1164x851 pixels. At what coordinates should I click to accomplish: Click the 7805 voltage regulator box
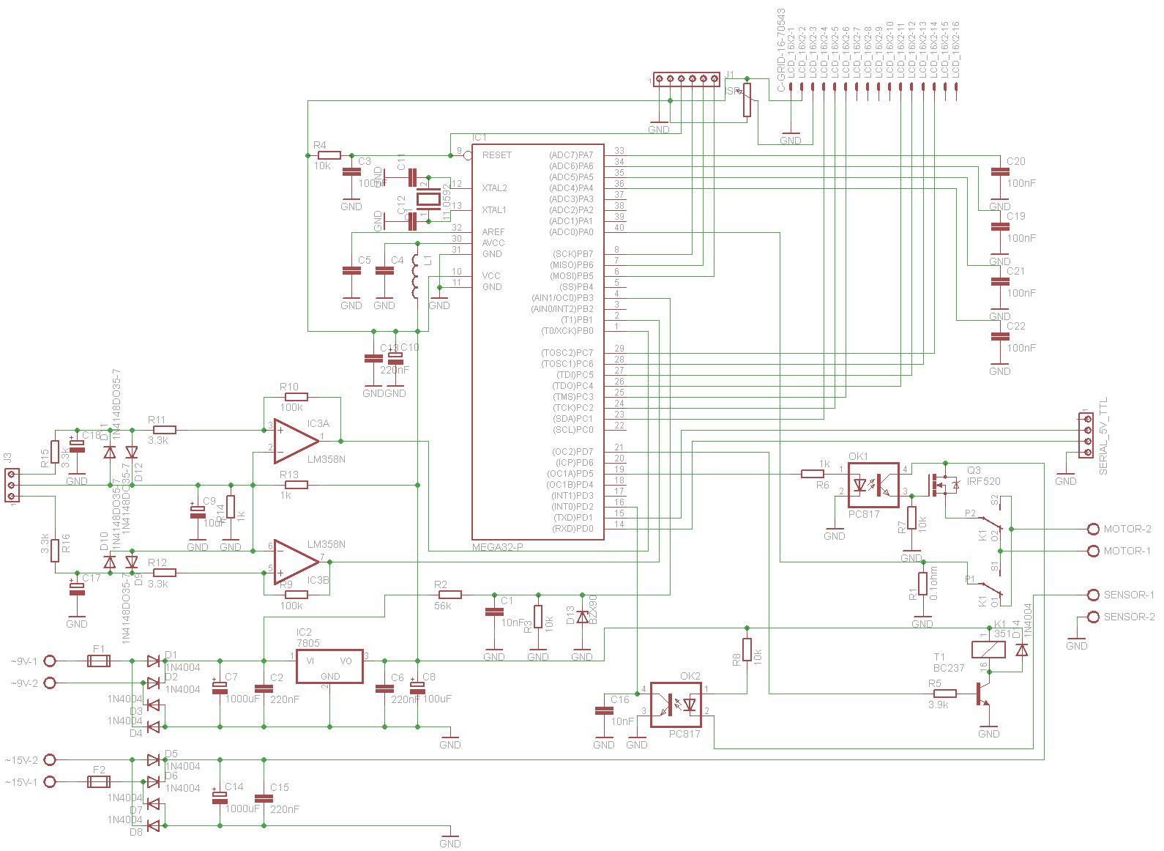coord(329,666)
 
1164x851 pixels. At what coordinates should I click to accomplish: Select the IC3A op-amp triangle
coord(295,442)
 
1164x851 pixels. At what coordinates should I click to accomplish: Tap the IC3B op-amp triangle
coord(295,562)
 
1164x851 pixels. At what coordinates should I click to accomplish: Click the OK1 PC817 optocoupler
coord(873,485)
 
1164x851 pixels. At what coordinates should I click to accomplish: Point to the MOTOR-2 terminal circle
coord(1093,529)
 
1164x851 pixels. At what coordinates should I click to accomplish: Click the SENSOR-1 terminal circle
coord(1093,595)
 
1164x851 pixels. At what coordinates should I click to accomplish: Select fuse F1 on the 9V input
coord(98,661)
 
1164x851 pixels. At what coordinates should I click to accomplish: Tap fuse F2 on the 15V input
coord(98,781)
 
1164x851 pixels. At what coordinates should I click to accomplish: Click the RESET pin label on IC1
coord(497,155)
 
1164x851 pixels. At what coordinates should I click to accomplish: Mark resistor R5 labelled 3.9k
coord(944,694)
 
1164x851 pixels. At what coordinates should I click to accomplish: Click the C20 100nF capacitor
coord(999,173)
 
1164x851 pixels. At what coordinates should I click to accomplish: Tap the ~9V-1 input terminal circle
coord(51,661)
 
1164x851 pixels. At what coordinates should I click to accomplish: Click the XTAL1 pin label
coord(494,210)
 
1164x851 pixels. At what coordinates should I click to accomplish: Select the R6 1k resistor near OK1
coord(813,474)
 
